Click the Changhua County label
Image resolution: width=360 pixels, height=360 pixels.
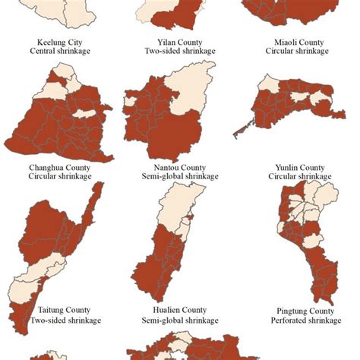coord(60,167)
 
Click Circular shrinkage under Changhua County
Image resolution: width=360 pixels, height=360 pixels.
coord(60,177)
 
